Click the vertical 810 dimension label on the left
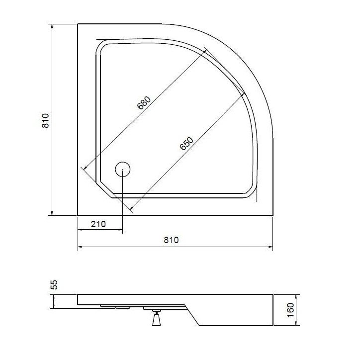(45, 121)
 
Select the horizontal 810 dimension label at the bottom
(171, 240)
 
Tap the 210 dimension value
(98, 224)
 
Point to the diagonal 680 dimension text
(143, 103)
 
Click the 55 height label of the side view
(55, 284)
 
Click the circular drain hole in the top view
(122, 170)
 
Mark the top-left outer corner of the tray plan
(78, 23)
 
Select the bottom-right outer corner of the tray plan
(273, 216)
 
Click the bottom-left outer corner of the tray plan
(78, 216)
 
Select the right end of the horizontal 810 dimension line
(273, 247)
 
